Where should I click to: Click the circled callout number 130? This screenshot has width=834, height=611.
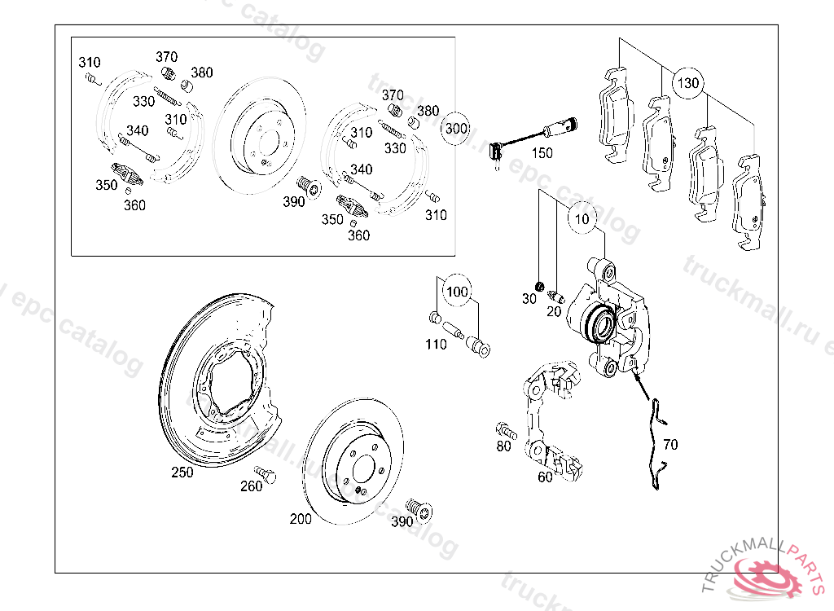tap(688, 83)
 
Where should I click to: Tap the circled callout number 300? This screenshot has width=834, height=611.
tap(456, 129)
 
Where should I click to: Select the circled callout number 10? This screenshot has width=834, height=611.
tap(582, 219)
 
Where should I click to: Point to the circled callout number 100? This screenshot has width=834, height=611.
tap(458, 292)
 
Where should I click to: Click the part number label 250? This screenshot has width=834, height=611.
tap(182, 473)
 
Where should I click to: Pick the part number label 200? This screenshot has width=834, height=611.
tap(301, 519)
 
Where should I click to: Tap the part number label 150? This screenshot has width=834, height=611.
tap(542, 152)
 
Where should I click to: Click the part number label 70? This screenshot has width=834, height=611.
tap(669, 445)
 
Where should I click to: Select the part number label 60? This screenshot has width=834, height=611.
tap(545, 477)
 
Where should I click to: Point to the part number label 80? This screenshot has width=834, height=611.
tap(504, 446)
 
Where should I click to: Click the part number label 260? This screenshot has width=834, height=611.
tap(252, 486)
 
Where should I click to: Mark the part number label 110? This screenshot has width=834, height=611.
tap(436, 345)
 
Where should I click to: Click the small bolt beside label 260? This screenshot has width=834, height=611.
tap(262, 471)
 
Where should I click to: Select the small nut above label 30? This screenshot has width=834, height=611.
tap(538, 285)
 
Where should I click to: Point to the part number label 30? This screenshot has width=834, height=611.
tap(529, 299)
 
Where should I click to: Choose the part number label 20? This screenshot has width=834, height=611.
tap(554, 310)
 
